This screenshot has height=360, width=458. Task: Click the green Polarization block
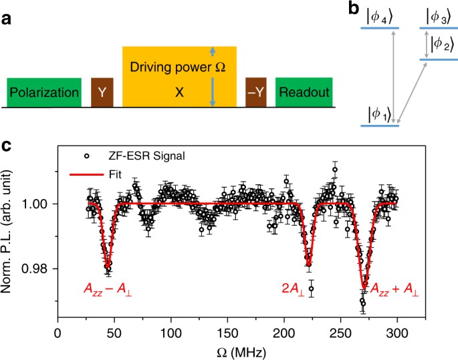tap(43, 92)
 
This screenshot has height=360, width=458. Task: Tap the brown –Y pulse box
tap(256, 92)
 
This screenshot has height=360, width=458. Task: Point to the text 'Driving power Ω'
tap(179, 67)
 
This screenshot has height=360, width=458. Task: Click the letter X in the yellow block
tap(179, 93)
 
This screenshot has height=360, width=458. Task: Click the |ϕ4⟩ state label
tap(380, 15)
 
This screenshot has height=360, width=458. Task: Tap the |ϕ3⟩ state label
tap(439, 15)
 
